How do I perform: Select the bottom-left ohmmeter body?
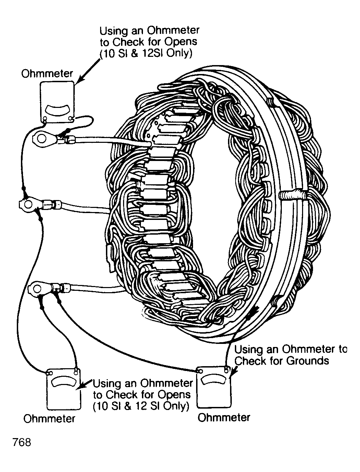[64, 389]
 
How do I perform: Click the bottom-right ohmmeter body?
[214, 387]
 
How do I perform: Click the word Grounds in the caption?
[308, 361]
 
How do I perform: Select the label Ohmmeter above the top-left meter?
[47, 74]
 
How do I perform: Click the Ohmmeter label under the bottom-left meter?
[49, 419]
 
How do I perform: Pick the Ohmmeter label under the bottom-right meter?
[224, 418]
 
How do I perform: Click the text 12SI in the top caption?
[153, 53]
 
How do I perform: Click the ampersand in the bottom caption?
[128, 406]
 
